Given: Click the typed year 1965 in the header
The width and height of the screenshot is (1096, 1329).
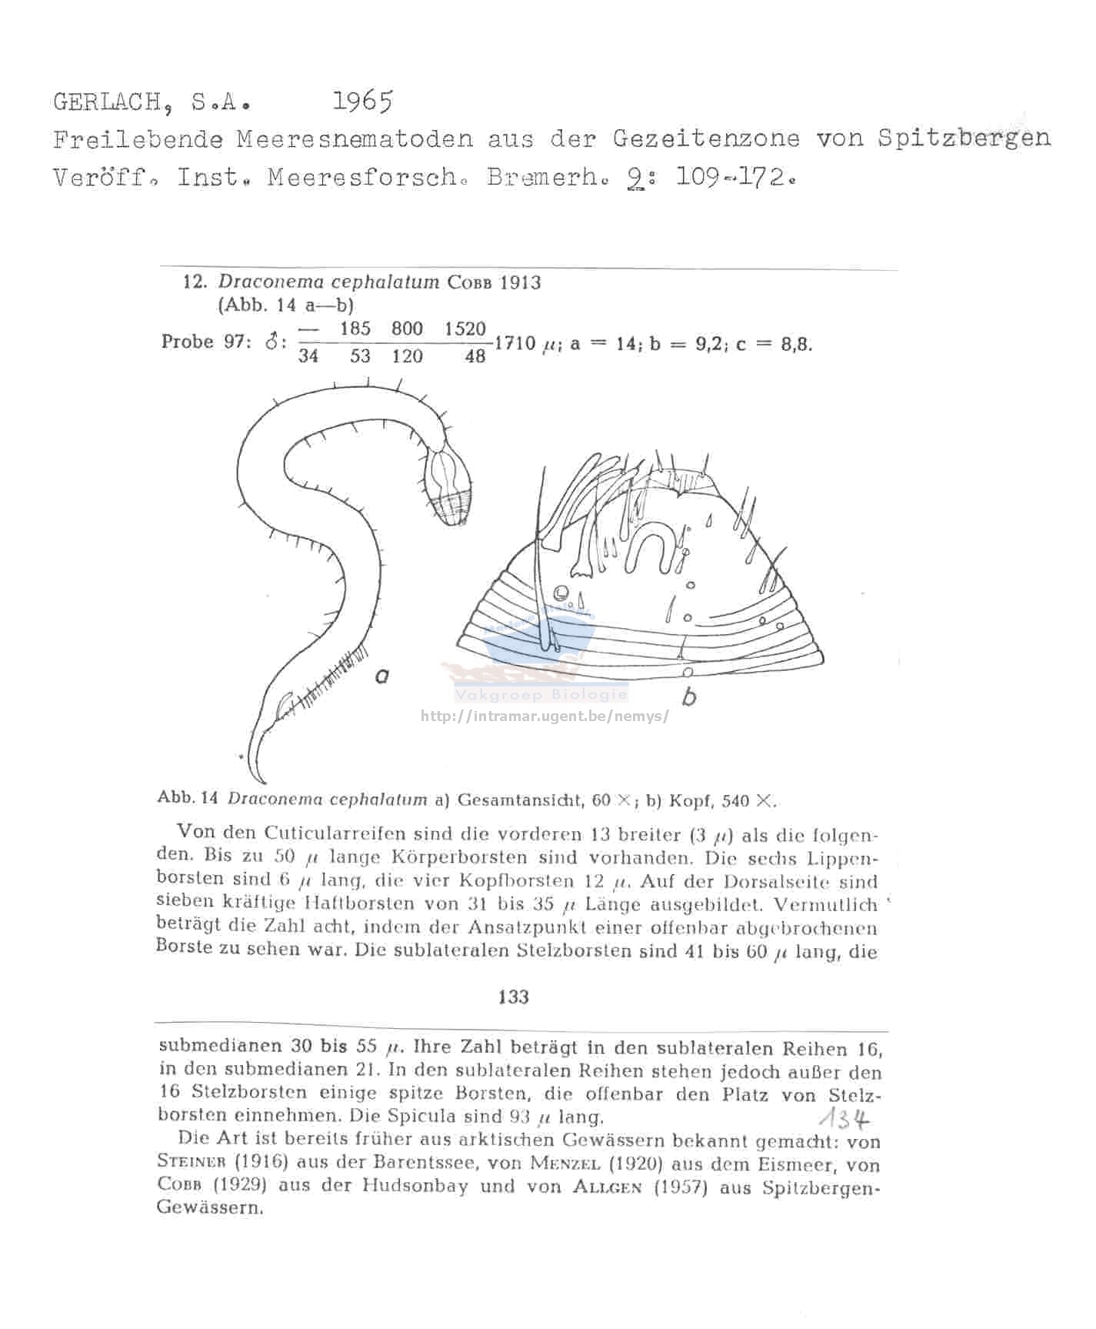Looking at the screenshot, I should click(363, 101).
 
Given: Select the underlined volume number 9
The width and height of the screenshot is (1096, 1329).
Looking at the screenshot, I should click(635, 178).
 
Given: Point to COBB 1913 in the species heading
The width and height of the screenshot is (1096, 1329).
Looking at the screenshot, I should click(495, 282).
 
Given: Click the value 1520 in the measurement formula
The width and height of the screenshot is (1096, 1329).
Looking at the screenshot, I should click(465, 329).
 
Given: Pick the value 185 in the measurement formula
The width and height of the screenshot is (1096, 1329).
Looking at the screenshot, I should click(355, 329).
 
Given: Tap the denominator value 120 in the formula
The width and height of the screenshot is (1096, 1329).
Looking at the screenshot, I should click(407, 356).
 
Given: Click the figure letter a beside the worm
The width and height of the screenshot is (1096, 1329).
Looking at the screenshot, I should click(381, 676).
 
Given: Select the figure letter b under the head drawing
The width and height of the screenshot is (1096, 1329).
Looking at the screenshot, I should click(690, 697).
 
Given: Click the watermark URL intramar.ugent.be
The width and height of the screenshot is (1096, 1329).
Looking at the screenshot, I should click(545, 716).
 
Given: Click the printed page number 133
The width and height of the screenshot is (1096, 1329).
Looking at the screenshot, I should click(513, 997).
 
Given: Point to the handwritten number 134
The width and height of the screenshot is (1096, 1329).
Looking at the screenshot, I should click(844, 1118).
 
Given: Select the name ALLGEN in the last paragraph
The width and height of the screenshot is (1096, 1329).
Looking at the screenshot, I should click(607, 1187).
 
